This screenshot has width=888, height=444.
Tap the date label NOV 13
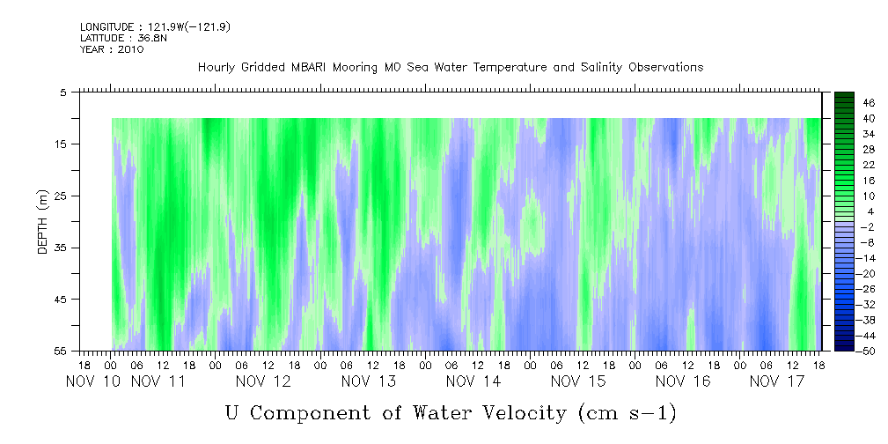tap(369, 381)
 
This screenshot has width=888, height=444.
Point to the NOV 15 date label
tap(578, 381)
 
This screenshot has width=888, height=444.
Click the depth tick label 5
tap(63, 92)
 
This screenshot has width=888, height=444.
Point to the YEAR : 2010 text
tap(112, 49)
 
